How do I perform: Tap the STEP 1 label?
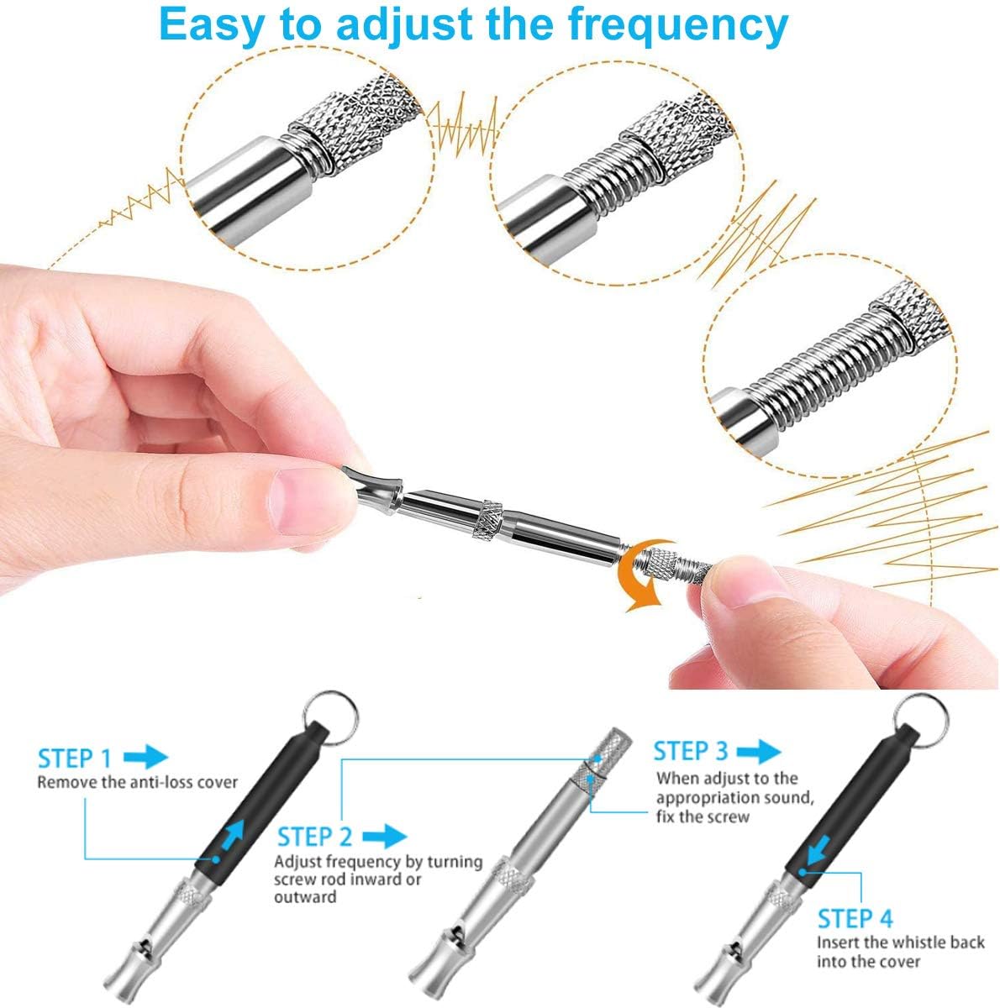74,759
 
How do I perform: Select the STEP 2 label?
315,837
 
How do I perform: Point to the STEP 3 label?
691,751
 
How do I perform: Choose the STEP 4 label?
855,917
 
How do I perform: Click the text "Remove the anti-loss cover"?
137,782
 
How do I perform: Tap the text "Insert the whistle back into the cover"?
899,952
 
